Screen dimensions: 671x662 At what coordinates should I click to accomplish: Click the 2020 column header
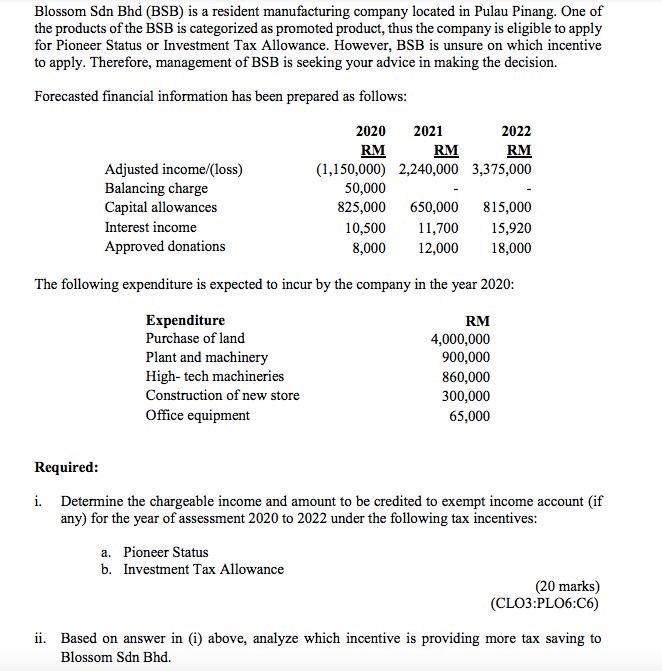coord(371,131)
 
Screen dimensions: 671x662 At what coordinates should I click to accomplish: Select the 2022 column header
coord(517,131)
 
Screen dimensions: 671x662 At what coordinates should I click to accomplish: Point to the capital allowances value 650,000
coord(434,208)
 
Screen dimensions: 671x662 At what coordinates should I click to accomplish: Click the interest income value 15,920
coord(512,228)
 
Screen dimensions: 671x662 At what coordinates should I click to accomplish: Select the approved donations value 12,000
coord(439,247)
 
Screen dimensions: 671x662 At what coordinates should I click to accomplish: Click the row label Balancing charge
coord(156,188)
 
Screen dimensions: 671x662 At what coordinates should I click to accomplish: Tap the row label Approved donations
coord(165,247)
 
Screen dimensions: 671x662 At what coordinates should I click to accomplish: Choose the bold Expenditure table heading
coord(185,320)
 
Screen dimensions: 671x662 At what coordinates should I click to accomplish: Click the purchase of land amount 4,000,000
coord(460,339)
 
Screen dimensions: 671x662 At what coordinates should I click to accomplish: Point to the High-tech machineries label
coord(215,377)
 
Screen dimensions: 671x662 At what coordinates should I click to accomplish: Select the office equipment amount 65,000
coord(470,415)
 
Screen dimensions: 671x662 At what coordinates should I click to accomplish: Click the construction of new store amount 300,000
coord(466,396)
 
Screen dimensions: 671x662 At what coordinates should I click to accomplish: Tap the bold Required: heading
coord(66,467)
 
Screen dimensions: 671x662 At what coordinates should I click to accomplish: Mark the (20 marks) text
coord(567,587)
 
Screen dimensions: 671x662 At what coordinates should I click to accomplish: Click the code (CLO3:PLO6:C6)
coord(545,604)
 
